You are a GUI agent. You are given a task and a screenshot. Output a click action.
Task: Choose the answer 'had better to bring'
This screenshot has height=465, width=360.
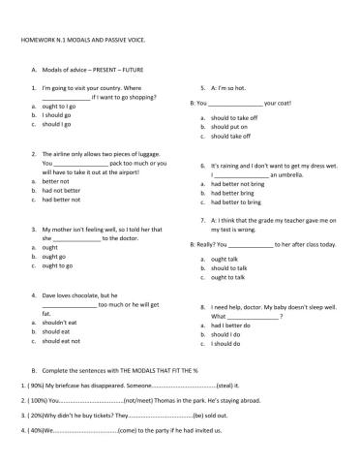[238, 201]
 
